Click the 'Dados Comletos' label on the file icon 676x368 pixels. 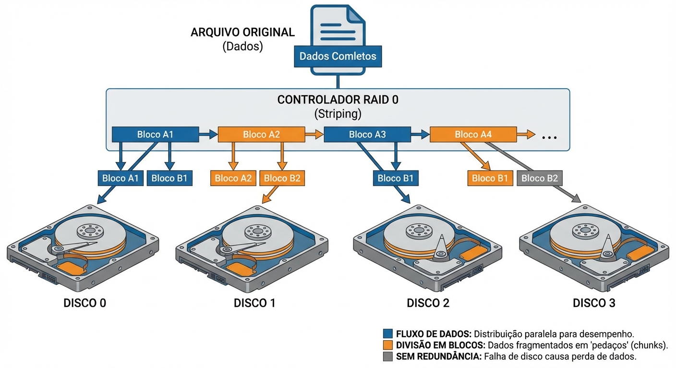(338, 56)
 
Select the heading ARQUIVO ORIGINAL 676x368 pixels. (242, 33)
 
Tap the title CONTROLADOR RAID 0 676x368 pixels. (338, 100)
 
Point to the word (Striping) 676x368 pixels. (338, 114)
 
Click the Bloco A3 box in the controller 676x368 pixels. (367, 135)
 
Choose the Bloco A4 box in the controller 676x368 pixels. (473, 135)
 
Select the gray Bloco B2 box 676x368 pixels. (539, 178)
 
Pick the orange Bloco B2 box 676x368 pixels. (282, 178)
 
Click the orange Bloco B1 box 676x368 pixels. (490, 178)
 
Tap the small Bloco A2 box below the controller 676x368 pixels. (233, 178)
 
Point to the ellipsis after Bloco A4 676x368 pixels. (549, 137)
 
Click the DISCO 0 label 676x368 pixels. (84, 303)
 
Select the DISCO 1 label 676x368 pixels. (254, 303)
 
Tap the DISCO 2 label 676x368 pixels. (428, 303)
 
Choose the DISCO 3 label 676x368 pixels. (594, 303)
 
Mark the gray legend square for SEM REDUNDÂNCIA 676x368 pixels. (388, 356)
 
